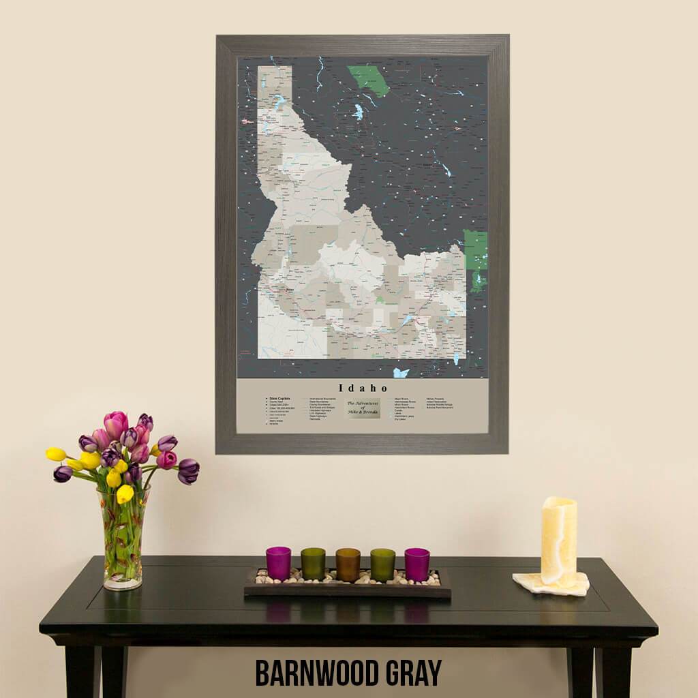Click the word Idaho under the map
361,388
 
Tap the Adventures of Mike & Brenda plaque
363,408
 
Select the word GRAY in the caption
411,673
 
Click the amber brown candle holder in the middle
348,564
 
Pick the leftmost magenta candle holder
278,563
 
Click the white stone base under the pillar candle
551,583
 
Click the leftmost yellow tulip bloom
56,454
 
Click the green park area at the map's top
369,80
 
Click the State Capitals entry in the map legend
279,398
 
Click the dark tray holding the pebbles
347,590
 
